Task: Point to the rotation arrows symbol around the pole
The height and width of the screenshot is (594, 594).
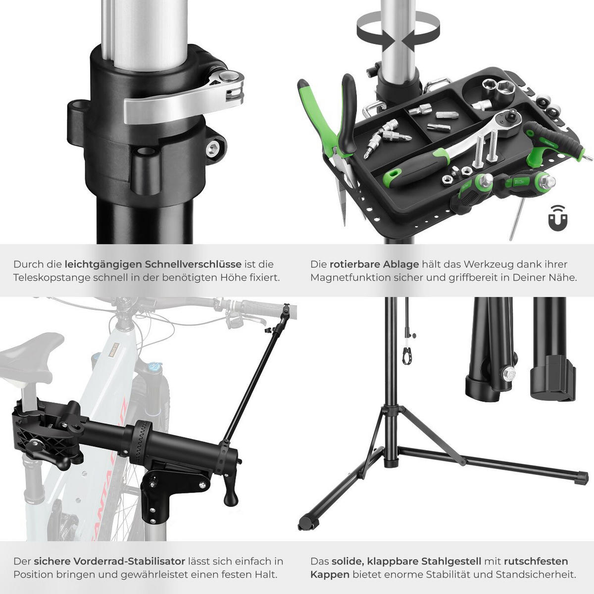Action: [397, 31]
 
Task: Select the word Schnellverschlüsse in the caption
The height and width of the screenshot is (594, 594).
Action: [193, 264]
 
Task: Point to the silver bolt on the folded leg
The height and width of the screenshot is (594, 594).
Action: [509, 375]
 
